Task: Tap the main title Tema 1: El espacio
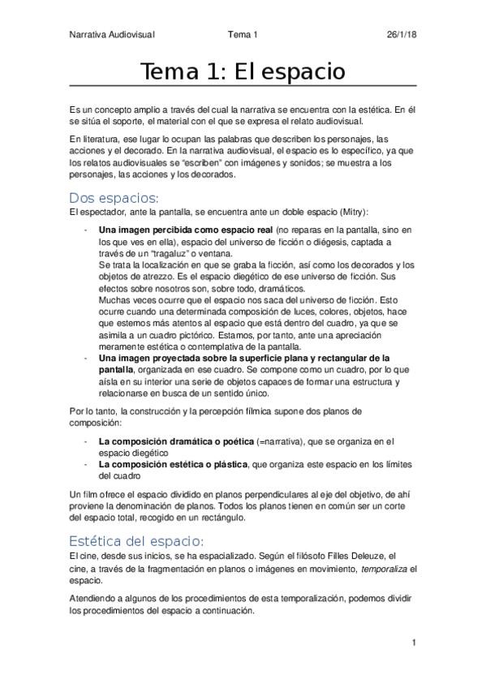click(243, 71)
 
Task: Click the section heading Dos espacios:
click(114, 198)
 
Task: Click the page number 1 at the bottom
click(414, 643)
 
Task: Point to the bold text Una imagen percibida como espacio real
click(185, 230)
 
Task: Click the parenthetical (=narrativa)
click(301, 441)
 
